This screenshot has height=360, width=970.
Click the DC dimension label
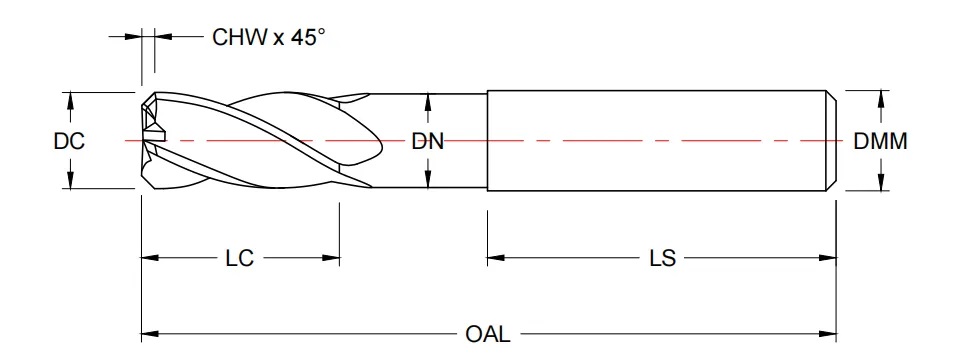(x=68, y=142)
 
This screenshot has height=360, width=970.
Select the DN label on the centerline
(x=427, y=142)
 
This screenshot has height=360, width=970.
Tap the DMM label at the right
(x=880, y=142)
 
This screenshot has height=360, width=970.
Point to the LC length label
(x=238, y=259)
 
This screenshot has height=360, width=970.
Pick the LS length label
(x=661, y=259)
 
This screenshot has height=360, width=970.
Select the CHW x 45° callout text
(x=269, y=38)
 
